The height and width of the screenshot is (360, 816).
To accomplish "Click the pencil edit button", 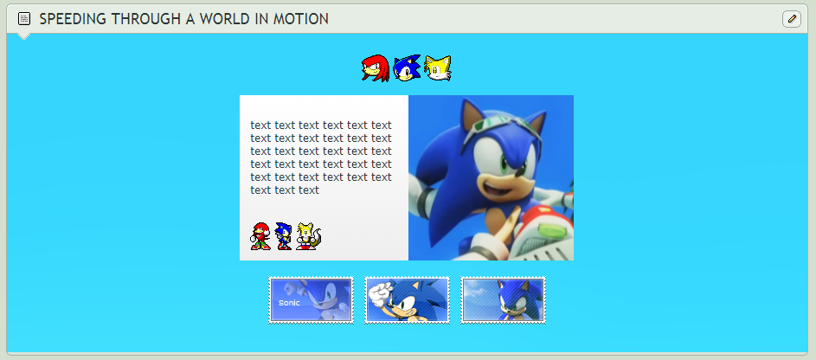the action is [x=792, y=19].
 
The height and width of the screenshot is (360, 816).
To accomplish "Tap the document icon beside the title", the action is [x=24, y=19].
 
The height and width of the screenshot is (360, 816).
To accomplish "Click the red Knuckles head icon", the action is [x=376, y=68].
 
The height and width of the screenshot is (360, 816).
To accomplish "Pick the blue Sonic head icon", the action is [x=407, y=68].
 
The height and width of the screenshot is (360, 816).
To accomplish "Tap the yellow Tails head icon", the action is [x=438, y=68].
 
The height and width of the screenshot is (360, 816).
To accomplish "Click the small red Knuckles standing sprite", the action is [x=260, y=236].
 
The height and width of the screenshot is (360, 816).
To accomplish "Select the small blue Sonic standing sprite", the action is [x=283, y=236].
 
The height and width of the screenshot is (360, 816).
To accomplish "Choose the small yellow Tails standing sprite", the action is [x=309, y=236].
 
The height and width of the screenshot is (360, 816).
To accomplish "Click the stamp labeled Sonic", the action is [x=312, y=300].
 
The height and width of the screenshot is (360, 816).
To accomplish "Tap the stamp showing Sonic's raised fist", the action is [x=407, y=300].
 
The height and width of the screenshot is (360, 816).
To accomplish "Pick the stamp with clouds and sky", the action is [x=504, y=300].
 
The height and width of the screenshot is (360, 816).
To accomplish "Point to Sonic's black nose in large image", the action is [x=520, y=170].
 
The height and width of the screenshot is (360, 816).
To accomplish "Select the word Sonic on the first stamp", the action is [x=289, y=303].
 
